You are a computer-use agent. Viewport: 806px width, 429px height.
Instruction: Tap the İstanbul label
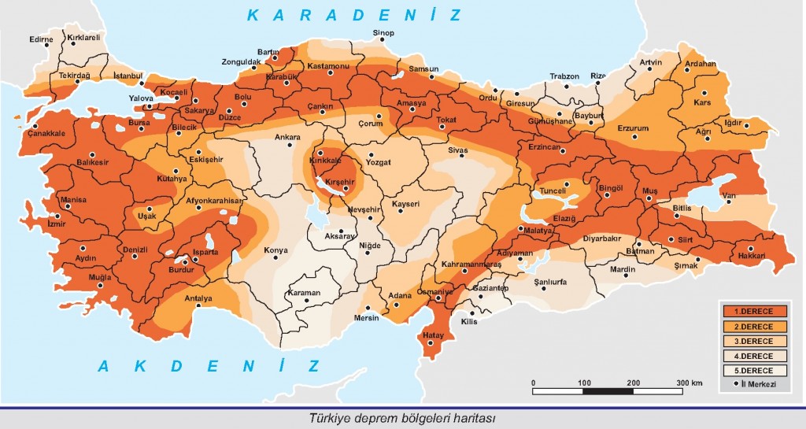coord(128,75)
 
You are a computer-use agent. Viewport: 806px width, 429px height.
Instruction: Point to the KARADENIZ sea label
coord(352,15)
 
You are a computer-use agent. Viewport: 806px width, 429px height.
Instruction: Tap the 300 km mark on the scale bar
coord(690,383)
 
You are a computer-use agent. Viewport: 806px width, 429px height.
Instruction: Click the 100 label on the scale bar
coord(583,383)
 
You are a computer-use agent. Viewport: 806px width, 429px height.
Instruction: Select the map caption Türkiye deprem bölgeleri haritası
coord(402,418)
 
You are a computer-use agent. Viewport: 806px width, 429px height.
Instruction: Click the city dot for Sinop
coord(384,43)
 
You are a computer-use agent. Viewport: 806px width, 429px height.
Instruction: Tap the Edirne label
coord(41,39)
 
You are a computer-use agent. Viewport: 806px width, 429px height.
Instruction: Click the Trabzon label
coord(564,76)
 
